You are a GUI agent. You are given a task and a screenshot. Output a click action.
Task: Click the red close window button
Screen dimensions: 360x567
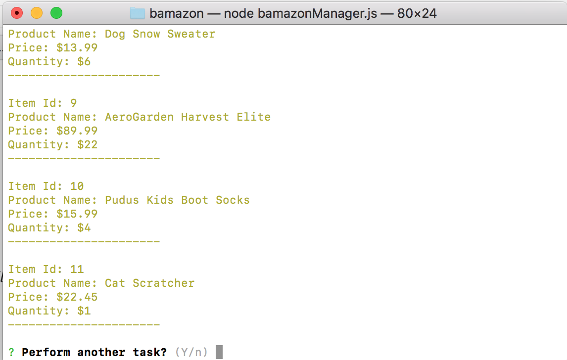click(x=17, y=13)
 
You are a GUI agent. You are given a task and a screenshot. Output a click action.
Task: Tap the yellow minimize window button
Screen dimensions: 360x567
click(x=37, y=13)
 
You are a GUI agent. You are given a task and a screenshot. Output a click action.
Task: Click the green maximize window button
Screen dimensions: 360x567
click(x=56, y=13)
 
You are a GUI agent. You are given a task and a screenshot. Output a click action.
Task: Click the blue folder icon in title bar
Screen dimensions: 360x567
click(x=138, y=13)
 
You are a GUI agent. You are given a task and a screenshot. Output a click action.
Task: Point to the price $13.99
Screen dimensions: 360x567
click(x=77, y=48)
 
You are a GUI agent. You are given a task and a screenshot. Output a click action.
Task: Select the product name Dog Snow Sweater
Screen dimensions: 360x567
click(x=160, y=34)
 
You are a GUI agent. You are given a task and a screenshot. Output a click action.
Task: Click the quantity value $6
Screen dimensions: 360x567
click(x=84, y=62)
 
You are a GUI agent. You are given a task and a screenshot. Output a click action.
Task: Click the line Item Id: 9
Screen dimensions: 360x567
click(x=43, y=103)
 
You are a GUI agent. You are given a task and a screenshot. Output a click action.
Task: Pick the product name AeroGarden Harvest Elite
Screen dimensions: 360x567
click(x=188, y=117)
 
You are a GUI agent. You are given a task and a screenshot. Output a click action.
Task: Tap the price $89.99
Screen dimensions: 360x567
click(x=77, y=131)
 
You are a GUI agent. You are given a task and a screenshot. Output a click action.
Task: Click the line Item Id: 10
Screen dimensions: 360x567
click(x=46, y=186)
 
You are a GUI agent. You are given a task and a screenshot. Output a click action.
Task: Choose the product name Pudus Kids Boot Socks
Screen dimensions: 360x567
click(x=177, y=200)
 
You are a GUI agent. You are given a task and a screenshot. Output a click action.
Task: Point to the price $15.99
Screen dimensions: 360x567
click(x=77, y=214)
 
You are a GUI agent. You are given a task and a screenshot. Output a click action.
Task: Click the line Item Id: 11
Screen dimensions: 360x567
click(x=46, y=270)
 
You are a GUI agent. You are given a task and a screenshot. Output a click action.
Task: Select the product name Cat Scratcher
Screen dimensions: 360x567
click(x=149, y=283)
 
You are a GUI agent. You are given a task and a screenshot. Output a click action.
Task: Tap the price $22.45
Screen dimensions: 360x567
click(x=77, y=297)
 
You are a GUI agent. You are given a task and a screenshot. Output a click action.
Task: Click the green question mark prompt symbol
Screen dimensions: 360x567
click(x=11, y=352)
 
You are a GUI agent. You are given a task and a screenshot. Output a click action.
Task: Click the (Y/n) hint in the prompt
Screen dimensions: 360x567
click(x=191, y=352)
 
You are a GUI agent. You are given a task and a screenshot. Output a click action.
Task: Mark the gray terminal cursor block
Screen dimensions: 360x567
click(x=219, y=352)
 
